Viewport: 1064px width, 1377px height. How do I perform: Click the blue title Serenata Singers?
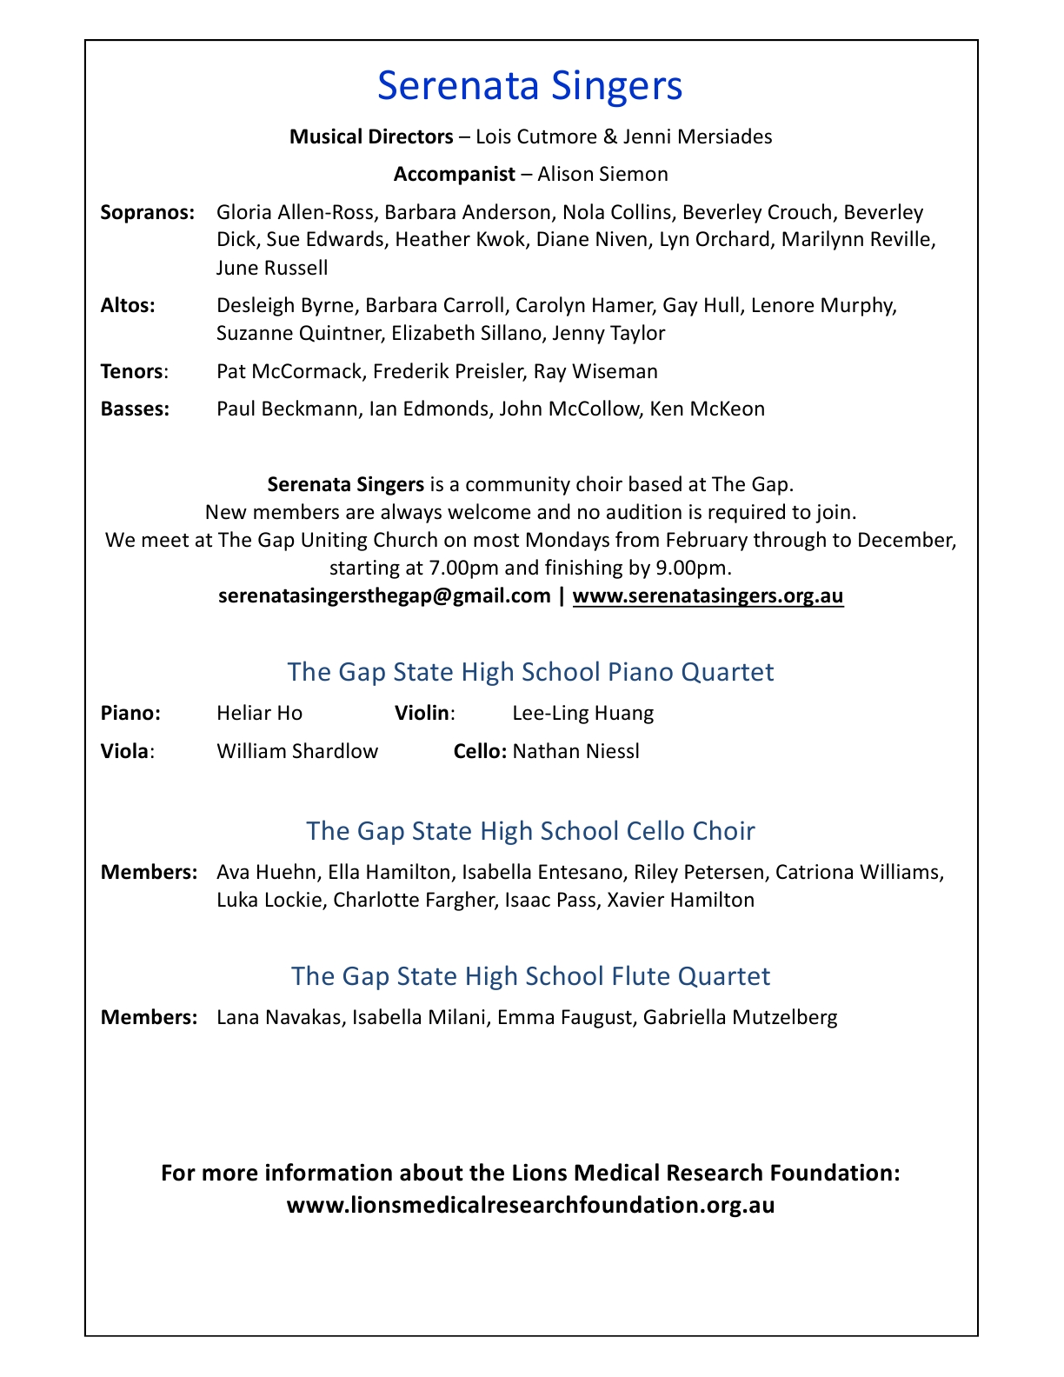coord(530,86)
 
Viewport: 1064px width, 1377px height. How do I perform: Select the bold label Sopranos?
coord(148,212)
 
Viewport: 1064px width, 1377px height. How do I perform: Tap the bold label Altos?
coord(128,305)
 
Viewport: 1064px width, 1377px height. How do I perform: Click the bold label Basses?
coord(135,409)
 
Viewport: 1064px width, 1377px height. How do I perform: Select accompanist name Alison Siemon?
coord(602,174)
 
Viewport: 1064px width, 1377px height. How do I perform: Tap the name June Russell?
coord(271,268)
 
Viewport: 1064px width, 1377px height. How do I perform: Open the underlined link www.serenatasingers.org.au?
coord(708,595)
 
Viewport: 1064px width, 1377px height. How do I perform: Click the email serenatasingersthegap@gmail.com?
coord(384,595)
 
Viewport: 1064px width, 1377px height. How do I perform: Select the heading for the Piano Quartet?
coord(530,672)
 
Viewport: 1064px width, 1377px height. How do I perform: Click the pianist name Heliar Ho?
coord(259,714)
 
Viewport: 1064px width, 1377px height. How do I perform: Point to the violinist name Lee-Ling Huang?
coord(582,714)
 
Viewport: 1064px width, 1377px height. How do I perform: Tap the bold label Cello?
coord(480,751)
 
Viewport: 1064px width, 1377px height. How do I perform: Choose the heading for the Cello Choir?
coord(530,831)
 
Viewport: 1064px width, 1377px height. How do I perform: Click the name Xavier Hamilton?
coord(681,900)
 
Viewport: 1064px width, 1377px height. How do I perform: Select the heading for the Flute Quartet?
coord(530,976)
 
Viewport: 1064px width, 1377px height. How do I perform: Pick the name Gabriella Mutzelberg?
coord(740,1017)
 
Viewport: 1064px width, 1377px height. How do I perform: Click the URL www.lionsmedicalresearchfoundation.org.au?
coord(530,1205)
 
